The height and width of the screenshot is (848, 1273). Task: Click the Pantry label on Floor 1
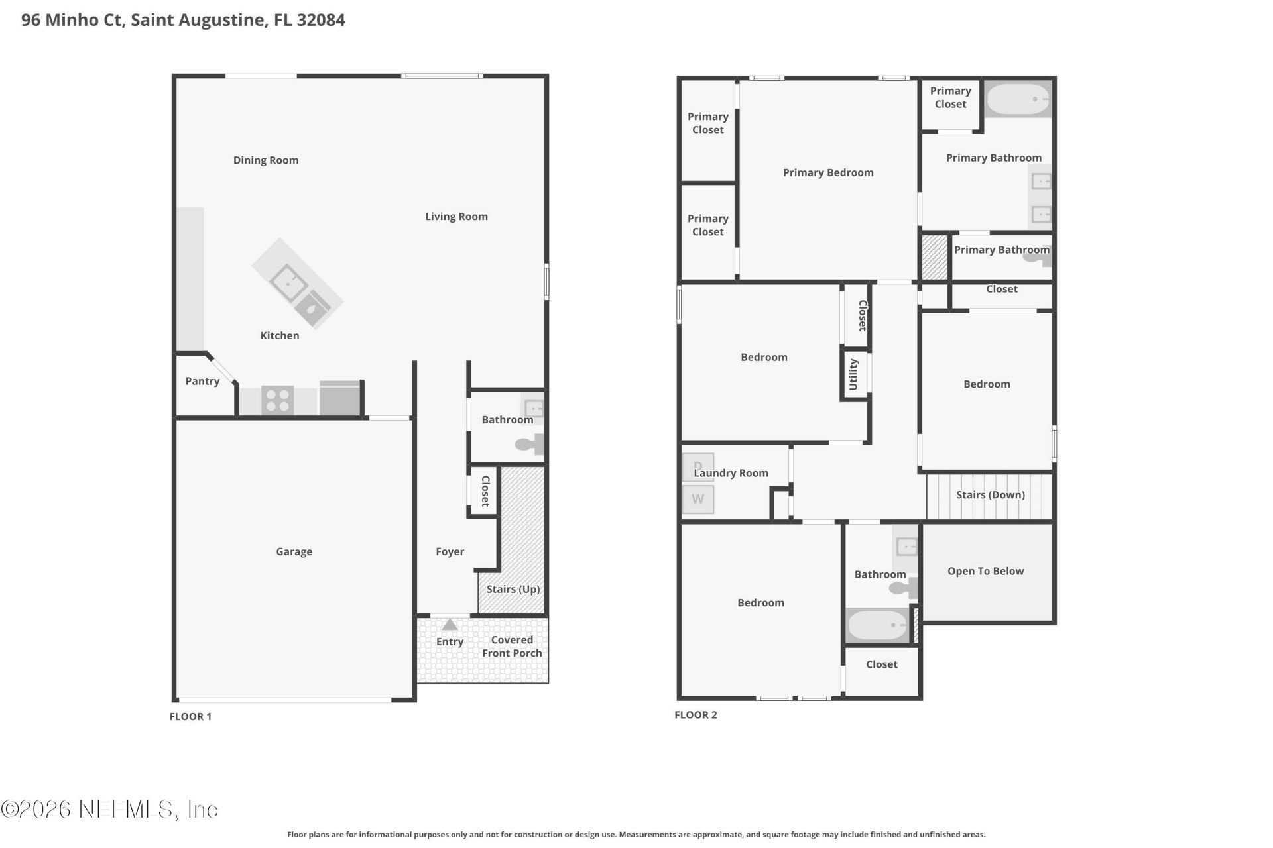202,381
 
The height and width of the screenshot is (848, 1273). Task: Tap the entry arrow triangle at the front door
450,625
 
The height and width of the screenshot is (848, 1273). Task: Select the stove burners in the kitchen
277,400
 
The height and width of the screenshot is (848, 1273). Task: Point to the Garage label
294,551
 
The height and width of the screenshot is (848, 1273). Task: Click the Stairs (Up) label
513,589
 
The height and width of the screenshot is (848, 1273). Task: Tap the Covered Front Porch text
512,647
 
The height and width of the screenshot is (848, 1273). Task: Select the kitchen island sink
288,283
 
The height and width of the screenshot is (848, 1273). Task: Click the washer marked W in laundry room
697,499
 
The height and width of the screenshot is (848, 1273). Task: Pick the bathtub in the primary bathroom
1018,100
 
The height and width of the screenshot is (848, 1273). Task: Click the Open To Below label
985,571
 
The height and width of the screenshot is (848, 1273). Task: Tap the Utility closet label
854,375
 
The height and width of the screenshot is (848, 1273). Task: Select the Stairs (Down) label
990,495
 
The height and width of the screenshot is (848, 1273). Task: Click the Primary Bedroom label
828,173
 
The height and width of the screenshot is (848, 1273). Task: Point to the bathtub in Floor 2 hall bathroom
877,625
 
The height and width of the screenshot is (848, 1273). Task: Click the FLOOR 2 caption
696,715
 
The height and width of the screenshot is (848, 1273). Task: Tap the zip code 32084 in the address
321,20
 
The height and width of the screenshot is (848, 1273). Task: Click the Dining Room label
266,160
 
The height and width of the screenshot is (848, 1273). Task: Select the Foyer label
450,551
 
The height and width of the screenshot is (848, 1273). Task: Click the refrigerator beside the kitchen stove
340,398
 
